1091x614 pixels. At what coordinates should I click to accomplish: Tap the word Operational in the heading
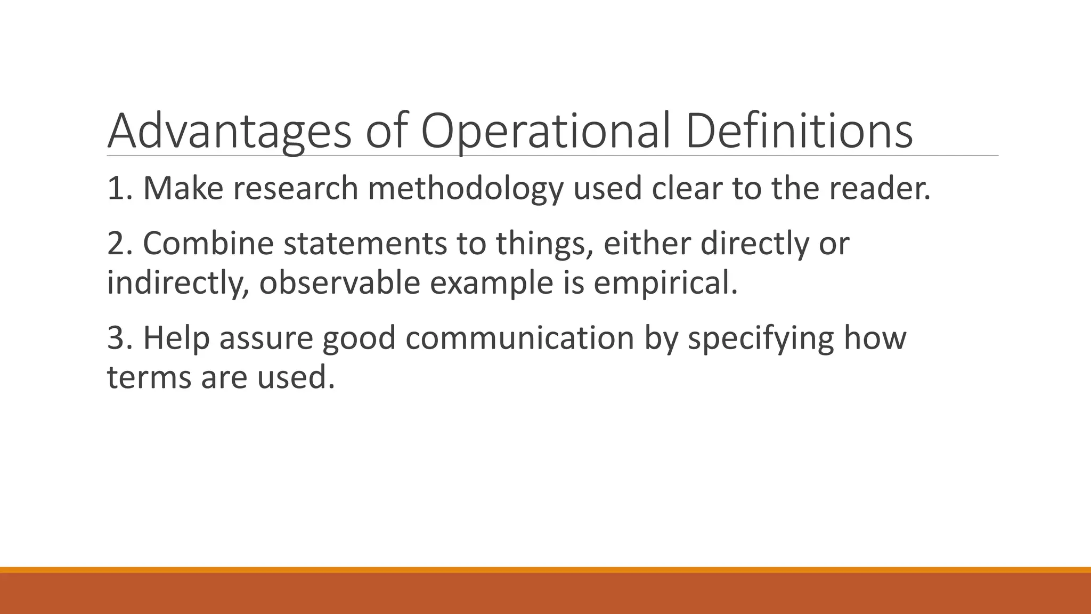(545, 131)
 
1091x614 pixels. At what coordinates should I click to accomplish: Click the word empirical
(665, 284)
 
